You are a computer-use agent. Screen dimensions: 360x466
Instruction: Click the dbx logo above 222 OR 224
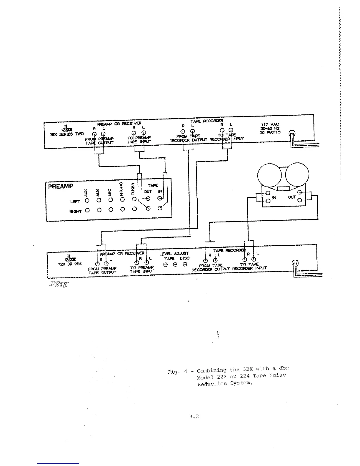click(x=70, y=258)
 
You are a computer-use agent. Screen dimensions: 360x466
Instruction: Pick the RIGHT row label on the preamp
click(x=75, y=211)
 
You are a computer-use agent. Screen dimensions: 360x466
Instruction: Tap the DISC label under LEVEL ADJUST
click(x=184, y=258)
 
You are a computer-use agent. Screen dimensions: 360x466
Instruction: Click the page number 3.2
click(x=194, y=417)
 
